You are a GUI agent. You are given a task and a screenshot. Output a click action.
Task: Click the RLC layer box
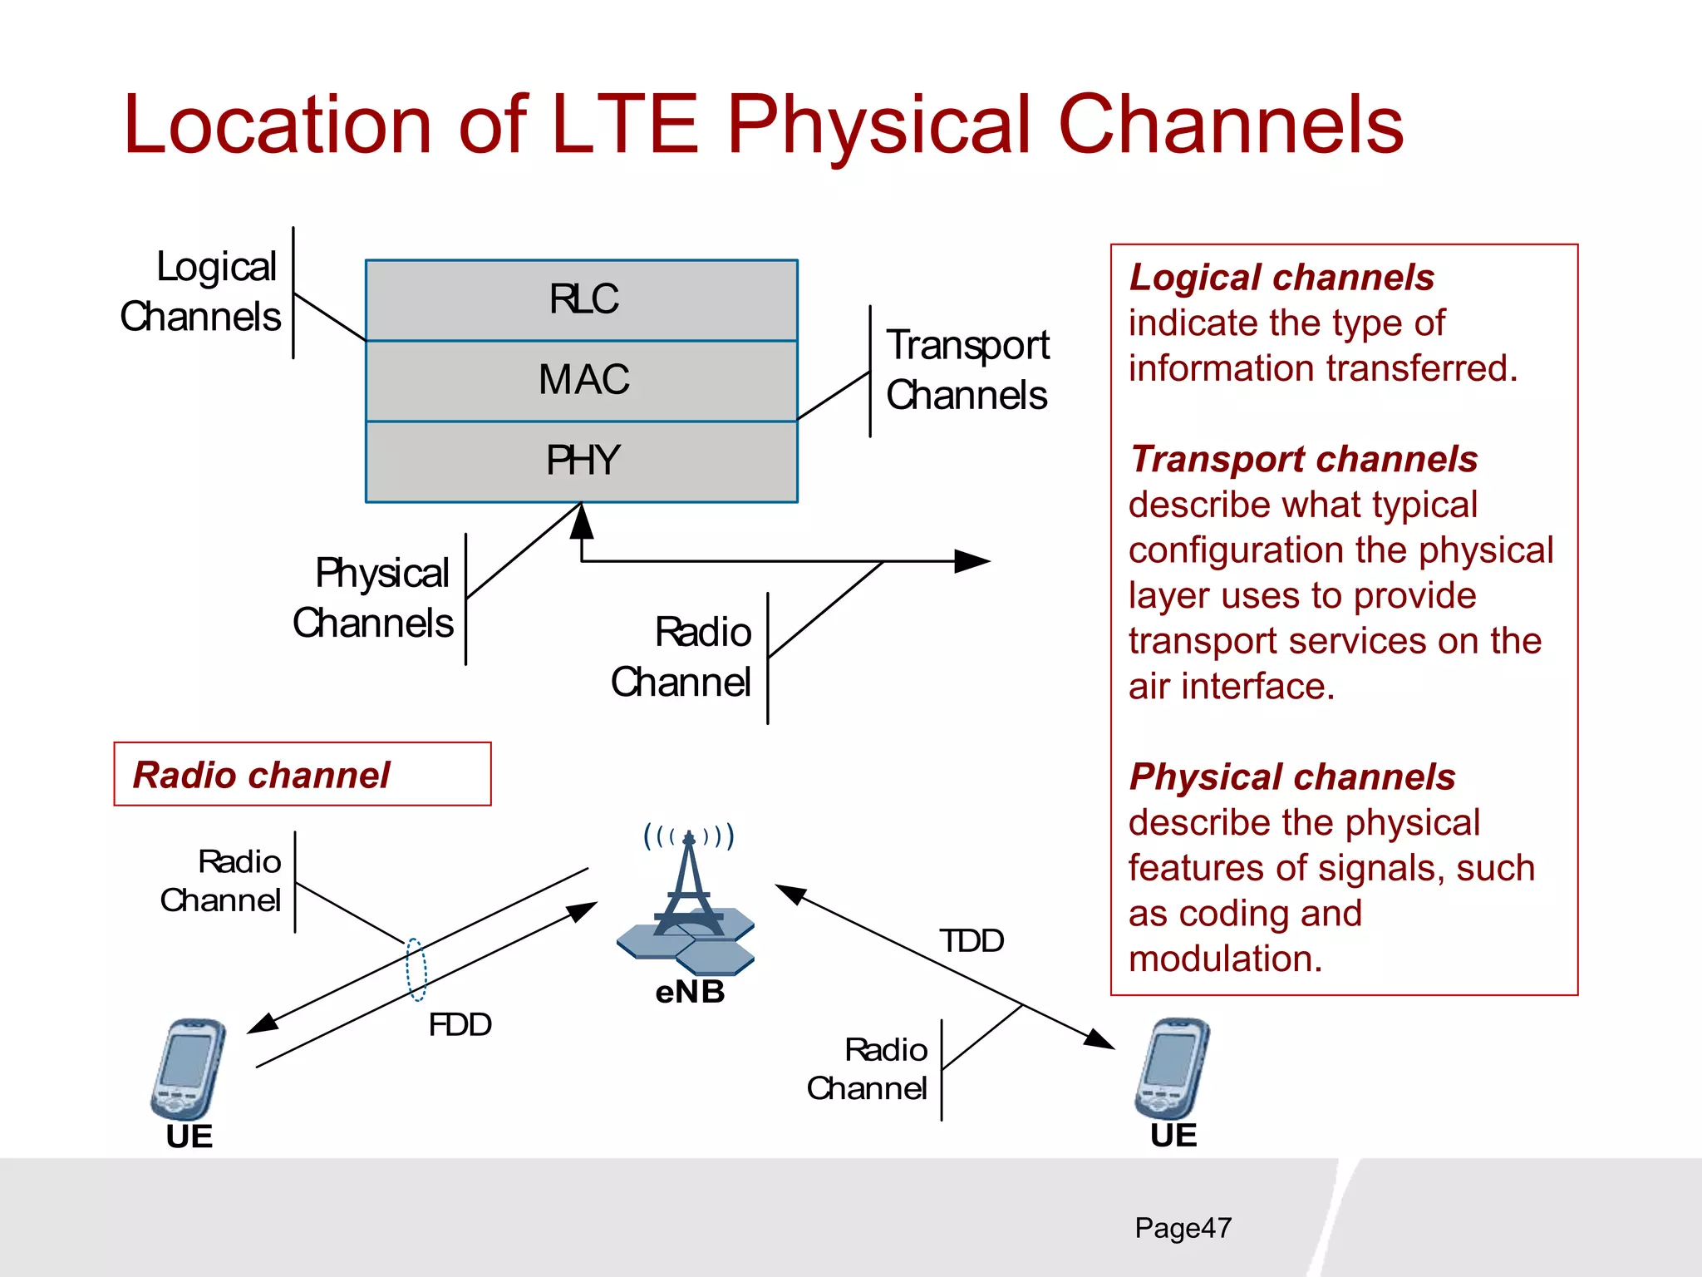(582, 299)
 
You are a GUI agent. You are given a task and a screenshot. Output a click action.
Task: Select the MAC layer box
(582, 380)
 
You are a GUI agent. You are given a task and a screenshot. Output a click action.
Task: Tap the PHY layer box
(582, 461)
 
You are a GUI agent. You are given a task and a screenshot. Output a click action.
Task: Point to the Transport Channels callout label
(967, 370)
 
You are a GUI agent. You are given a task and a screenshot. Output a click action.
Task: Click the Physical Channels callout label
(375, 598)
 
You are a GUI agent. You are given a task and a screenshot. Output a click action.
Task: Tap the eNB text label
(690, 992)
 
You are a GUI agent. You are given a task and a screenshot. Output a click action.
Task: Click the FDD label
(460, 1024)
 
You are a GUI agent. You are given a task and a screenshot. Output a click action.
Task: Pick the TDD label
(971, 941)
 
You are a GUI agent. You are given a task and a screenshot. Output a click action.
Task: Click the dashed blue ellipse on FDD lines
(416, 969)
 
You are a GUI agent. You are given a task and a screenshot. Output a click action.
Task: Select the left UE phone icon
(188, 1070)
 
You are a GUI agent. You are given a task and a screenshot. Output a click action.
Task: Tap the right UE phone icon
(1172, 1069)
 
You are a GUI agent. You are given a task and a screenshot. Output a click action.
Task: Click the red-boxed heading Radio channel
(261, 775)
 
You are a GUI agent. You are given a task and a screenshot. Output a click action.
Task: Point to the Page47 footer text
(1183, 1228)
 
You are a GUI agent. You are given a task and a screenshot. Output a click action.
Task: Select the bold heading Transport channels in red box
(1303, 459)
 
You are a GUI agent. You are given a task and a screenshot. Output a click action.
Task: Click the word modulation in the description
(1223, 959)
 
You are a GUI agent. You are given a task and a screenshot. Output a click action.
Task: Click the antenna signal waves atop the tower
(689, 835)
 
